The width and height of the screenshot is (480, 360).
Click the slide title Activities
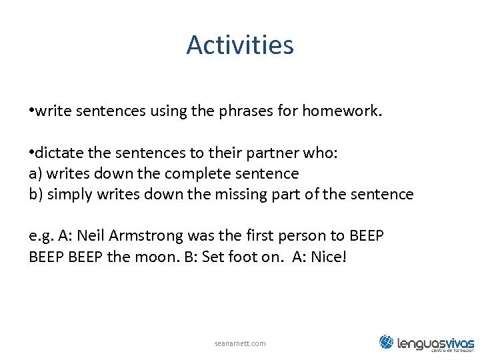tap(240, 45)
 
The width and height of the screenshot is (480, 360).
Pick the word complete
tap(195, 174)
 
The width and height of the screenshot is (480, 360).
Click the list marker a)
tap(37, 174)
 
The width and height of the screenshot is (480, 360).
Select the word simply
tap(68, 195)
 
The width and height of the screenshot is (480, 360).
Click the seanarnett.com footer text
tap(240, 343)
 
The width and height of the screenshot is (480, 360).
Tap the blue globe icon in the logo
tap(387, 342)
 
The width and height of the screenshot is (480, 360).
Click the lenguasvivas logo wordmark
tap(435, 343)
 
